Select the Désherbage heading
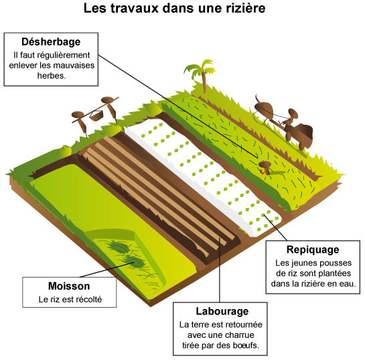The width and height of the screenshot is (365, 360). (51, 42)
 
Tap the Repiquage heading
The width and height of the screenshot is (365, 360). (313, 250)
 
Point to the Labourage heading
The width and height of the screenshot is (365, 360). (222, 311)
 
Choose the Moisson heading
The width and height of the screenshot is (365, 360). (69, 286)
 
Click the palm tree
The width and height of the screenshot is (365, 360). (201, 74)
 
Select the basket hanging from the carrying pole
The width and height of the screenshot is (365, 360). (96, 115)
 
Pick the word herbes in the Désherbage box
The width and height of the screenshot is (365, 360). (52, 76)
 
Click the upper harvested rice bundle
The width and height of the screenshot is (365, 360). (118, 247)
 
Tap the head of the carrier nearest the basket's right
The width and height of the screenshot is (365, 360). (107, 100)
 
